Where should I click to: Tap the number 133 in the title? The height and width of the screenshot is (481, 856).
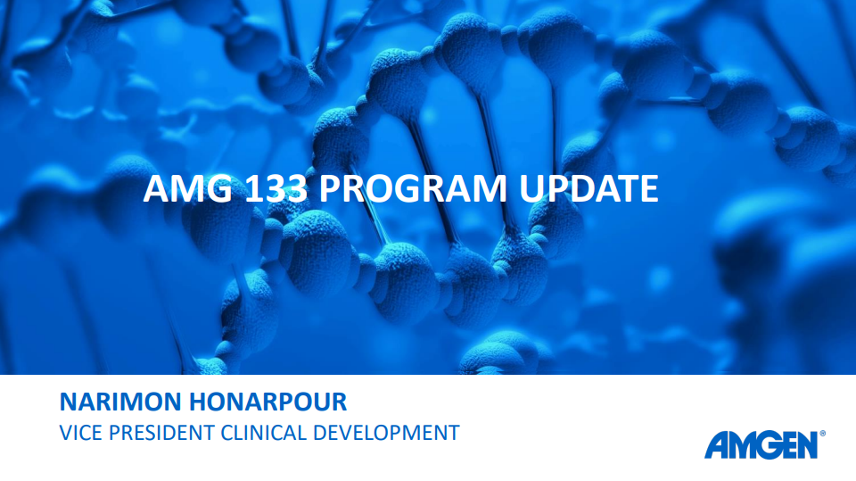coord(276,188)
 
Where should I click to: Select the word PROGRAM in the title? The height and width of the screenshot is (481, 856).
coord(413,188)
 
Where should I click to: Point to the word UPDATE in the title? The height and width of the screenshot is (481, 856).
coord(588,188)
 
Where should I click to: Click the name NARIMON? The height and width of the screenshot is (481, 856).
coord(120,402)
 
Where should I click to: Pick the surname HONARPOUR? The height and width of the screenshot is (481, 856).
coord(268,402)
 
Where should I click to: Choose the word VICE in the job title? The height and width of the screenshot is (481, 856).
coord(81,433)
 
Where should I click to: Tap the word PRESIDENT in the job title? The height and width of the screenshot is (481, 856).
coord(161,433)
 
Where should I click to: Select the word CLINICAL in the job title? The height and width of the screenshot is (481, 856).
coord(263,433)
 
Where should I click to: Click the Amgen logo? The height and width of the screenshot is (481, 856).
coord(764,445)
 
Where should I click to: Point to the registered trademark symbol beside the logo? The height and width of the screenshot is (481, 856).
coord(822,434)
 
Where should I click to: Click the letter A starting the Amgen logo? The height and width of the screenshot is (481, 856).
coord(716,445)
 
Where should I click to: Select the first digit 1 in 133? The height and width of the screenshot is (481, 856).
coord(252,188)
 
